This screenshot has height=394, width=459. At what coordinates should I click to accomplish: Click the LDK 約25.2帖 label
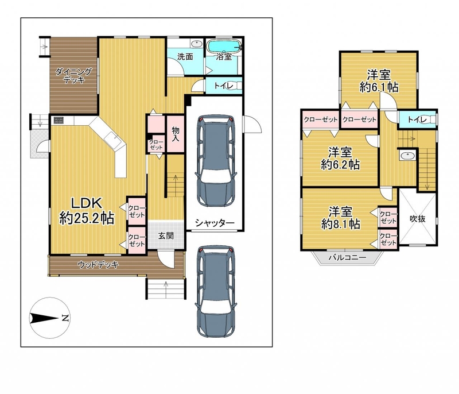(87, 211)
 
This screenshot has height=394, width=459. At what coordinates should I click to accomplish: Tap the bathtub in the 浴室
(224, 46)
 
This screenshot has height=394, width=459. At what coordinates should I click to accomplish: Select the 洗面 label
(185, 56)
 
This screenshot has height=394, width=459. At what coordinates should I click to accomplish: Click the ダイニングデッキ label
(73, 75)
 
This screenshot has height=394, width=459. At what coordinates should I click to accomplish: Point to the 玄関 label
(166, 235)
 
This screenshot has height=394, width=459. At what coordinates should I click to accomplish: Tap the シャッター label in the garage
(215, 223)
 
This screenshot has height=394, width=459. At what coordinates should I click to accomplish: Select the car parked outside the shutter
(216, 291)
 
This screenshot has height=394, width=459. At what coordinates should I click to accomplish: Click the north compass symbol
(50, 318)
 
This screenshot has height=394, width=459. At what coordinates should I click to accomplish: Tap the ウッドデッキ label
(98, 265)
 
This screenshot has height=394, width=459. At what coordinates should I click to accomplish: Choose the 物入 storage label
(176, 134)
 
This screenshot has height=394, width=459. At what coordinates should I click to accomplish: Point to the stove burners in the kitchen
(59, 120)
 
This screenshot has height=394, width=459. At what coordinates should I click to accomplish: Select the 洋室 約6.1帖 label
(379, 81)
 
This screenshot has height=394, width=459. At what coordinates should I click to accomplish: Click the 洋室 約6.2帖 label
(340, 159)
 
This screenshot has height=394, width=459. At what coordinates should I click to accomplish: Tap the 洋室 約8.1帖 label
(340, 218)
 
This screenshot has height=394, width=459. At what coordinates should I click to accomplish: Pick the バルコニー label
(347, 258)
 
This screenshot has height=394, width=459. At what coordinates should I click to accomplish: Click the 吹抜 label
(418, 218)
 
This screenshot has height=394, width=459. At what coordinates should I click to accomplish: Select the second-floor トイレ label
(417, 119)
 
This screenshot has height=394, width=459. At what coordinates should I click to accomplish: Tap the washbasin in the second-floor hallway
(406, 155)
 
